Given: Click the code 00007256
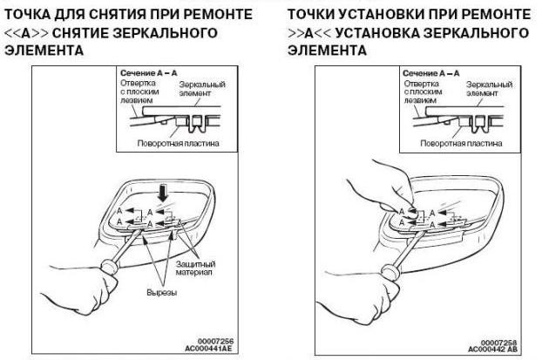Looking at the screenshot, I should click(x=213, y=339).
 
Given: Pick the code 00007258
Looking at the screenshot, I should click(x=497, y=342).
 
